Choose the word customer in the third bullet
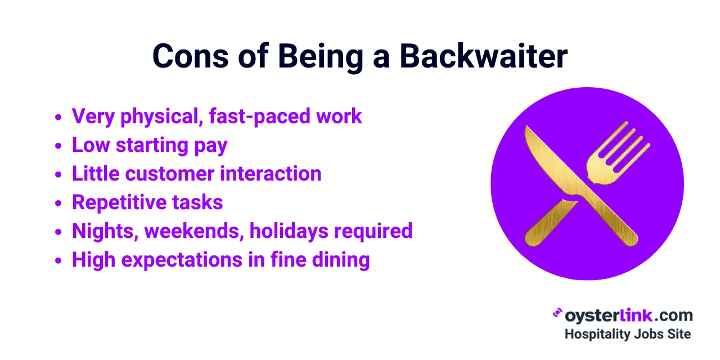(x=170, y=174)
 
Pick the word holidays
(x=287, y=231)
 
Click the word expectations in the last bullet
(x=176, y=260)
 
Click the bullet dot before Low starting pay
(x=58, y=146)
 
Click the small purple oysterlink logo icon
(x=558, y=314)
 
